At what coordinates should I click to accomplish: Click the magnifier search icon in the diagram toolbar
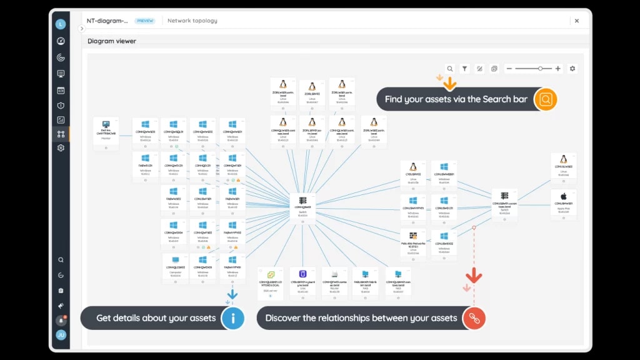point(449,69)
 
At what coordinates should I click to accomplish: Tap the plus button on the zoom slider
point(558,69)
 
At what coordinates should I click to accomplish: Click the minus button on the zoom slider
point(509,69)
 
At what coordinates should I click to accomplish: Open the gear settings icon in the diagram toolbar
point(572,69)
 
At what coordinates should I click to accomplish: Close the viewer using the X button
point(577,21)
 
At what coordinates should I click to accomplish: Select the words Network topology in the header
point(192,21)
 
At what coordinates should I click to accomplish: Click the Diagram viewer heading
point(112,41)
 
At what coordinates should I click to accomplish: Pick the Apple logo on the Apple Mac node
point(564,196)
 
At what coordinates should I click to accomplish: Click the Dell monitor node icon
point(106,125)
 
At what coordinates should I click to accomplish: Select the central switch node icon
point(303,201)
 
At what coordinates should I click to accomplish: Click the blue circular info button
point(233,317)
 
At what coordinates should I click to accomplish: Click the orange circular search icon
point(546,99)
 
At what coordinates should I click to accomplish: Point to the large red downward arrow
point(474,275)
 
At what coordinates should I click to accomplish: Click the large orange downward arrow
point(449,82)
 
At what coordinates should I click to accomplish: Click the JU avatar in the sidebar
point(61,335)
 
